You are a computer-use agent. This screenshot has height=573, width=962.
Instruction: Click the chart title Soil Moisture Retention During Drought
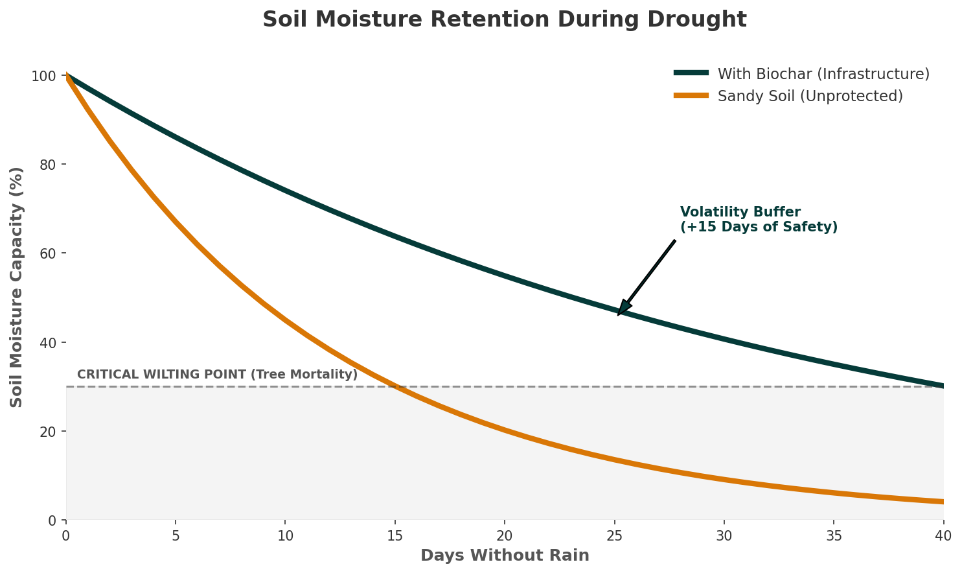coord(504,20)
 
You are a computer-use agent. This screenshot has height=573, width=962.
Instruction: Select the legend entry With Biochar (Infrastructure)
coord(823,74)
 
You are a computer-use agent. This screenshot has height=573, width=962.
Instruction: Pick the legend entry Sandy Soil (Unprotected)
coord(810,97)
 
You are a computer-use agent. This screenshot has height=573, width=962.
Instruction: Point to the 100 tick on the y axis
coord(43,76)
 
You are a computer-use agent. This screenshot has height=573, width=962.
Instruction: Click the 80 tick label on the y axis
coord(47,165)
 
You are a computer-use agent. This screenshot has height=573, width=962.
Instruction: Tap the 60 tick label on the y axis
coord(47,254)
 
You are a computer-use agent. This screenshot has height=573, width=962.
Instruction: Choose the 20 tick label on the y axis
coord(47,432)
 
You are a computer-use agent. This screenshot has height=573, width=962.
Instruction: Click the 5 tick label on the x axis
coord(176,535)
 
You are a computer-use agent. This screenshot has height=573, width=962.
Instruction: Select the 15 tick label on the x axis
coord(395,535)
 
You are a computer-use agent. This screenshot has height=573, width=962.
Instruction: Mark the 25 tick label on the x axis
coord(614,535)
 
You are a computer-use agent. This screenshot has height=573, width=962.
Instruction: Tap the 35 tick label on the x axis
coord(834,535)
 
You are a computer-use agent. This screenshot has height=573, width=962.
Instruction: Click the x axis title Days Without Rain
coord(505,555)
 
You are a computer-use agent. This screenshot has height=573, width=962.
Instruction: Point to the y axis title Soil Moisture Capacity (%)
coord(17,287)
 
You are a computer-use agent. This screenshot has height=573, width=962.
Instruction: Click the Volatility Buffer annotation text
coord(759,220)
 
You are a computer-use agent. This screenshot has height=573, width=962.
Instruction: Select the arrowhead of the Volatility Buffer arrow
coord(622,310)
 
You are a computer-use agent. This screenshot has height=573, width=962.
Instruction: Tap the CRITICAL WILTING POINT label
coord(217,375)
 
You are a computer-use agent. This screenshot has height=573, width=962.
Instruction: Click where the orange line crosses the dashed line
coord(395,387)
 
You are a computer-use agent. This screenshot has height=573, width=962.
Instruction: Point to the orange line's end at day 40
coord(943,502)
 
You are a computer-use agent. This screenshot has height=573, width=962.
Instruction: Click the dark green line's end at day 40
coord(943,386)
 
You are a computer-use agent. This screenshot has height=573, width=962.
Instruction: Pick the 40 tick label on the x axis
coord(943,535)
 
